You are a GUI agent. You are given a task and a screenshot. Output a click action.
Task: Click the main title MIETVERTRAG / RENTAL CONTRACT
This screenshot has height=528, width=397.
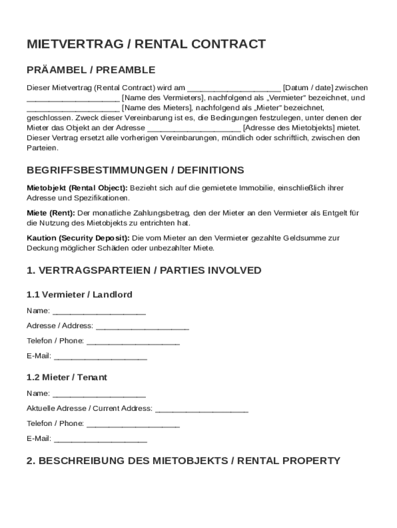pos(146,44)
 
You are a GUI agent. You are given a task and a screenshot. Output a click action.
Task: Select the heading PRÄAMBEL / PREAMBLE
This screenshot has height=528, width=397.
pos(91,70)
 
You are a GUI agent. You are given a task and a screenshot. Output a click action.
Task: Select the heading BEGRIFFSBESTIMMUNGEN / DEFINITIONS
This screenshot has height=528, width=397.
pos(135,170)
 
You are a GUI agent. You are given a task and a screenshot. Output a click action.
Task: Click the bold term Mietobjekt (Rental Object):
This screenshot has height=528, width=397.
pos(77,188)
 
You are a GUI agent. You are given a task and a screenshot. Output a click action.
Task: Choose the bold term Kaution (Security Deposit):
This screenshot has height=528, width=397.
pos(78,238)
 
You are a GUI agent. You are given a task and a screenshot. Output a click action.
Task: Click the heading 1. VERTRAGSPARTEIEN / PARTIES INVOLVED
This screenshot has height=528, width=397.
pos(144,270)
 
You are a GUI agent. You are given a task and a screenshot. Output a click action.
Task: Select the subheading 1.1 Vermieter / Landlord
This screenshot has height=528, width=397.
pos(79,295)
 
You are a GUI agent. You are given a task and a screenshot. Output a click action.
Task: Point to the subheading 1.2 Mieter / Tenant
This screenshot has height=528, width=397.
pos(67,377)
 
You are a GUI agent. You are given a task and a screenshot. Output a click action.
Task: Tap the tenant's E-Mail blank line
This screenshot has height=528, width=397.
pos(101,440)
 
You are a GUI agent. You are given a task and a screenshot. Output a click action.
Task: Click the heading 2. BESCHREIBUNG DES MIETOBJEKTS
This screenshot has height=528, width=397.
pos(183,460)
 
